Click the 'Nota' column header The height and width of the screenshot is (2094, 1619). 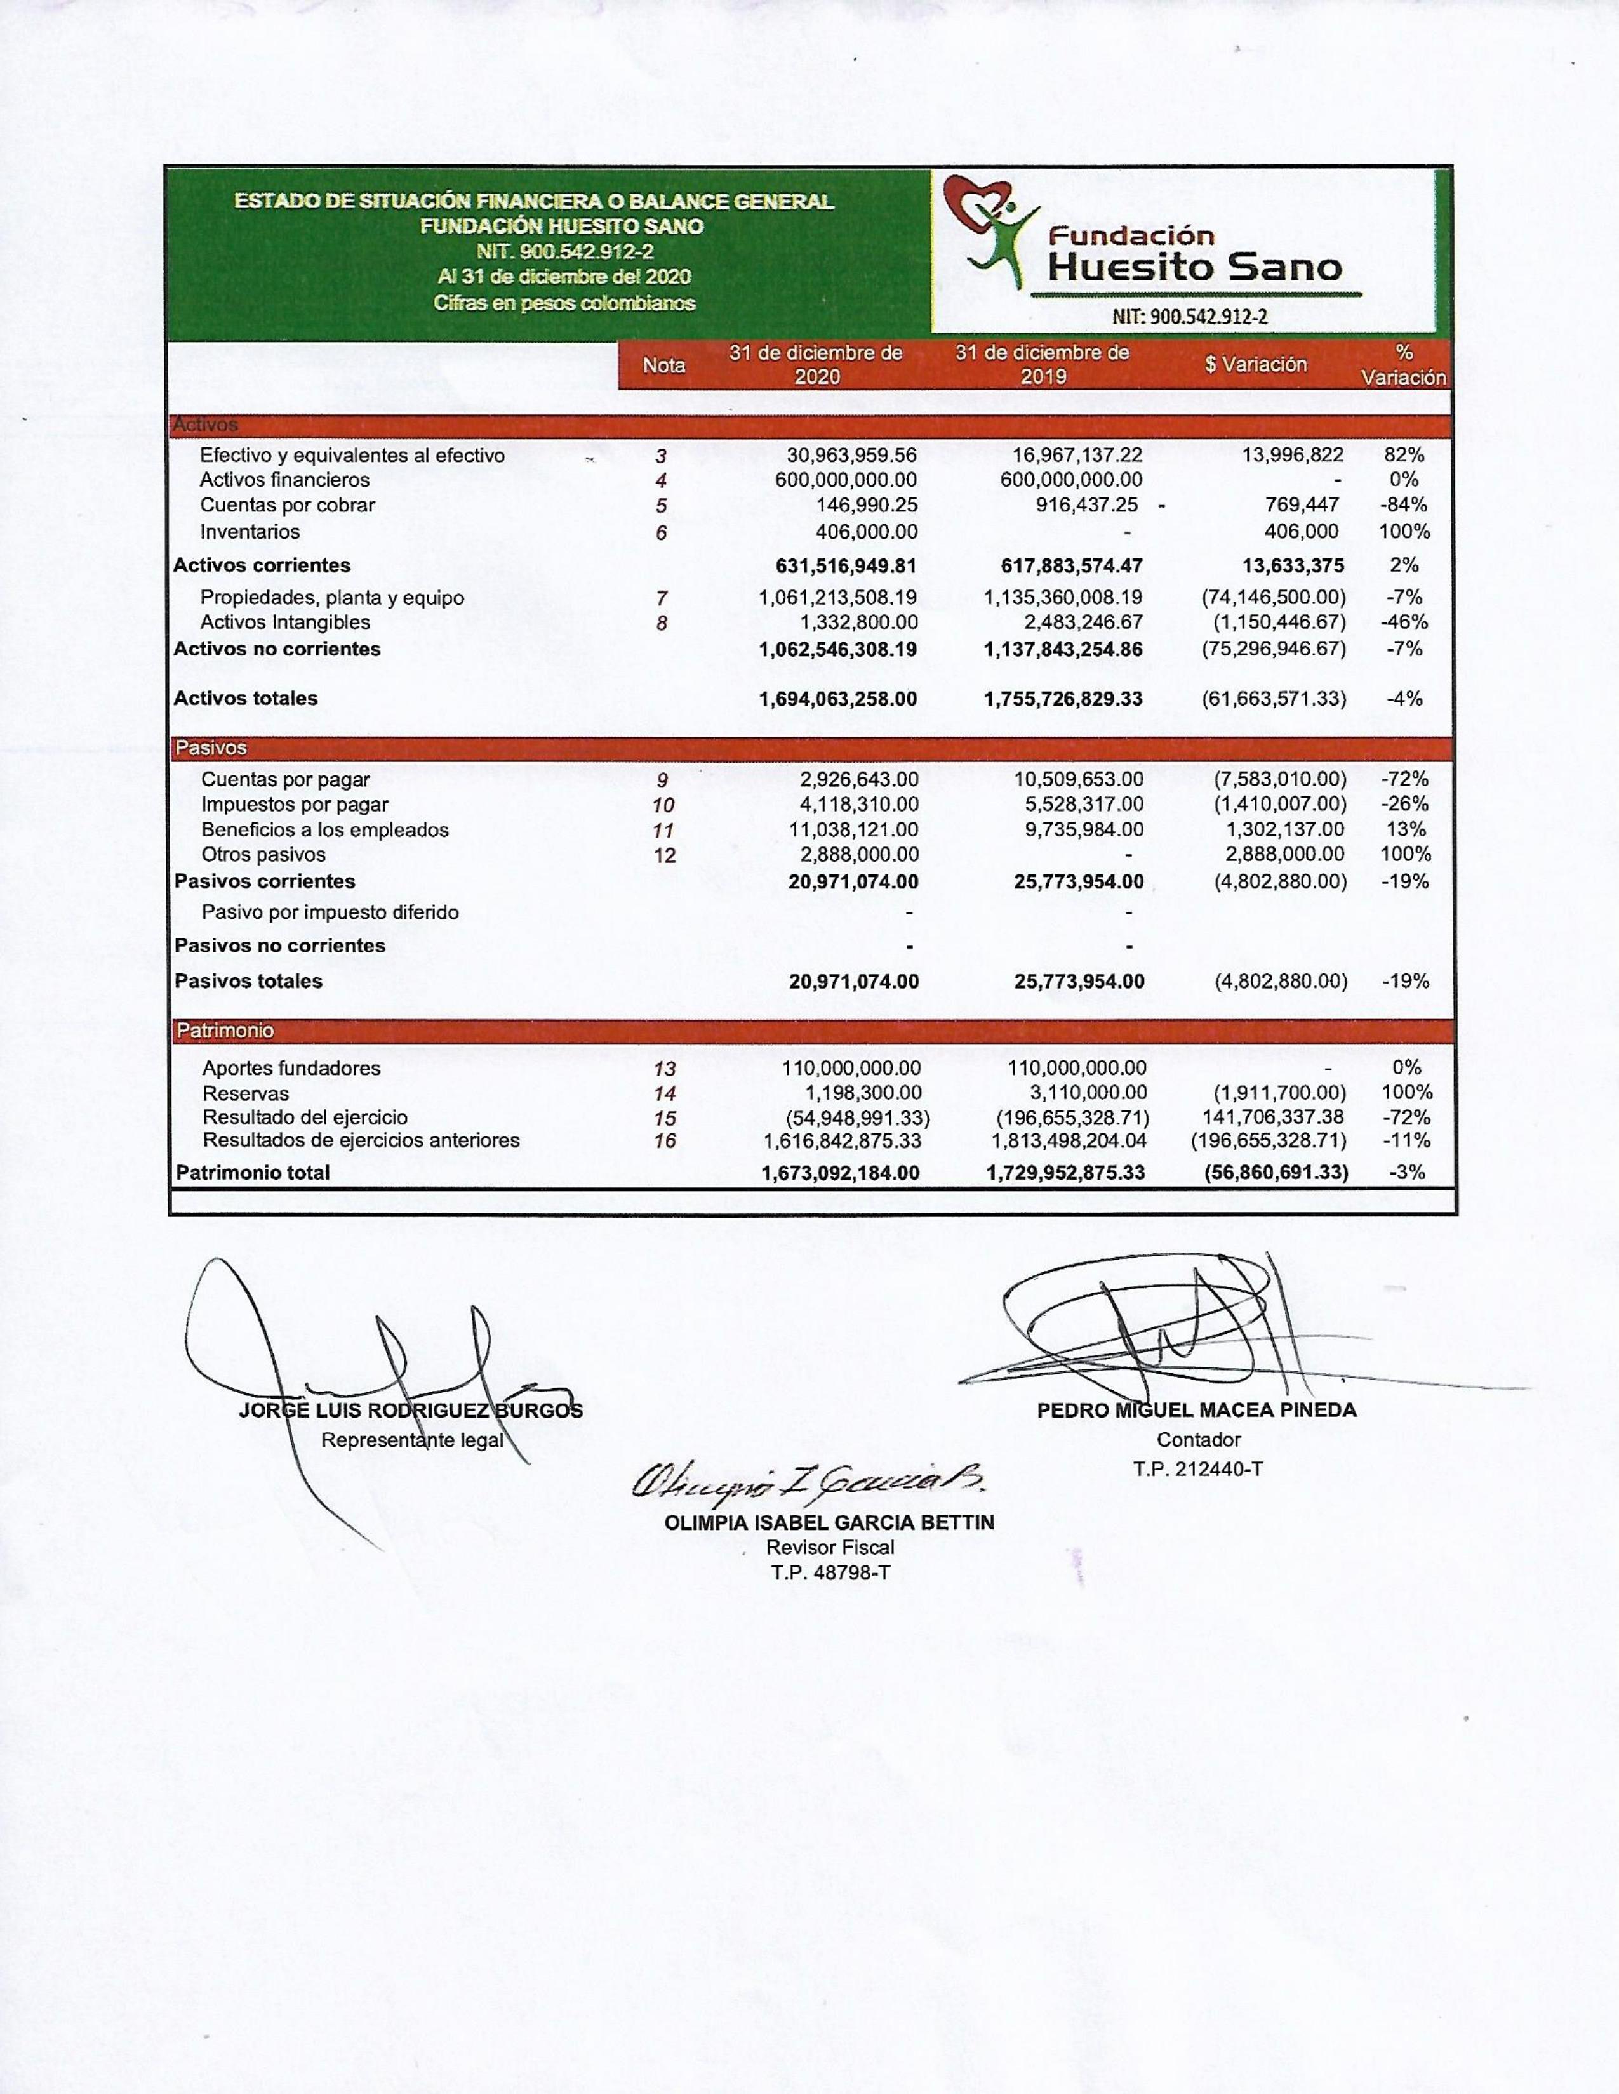[x=663, y=365]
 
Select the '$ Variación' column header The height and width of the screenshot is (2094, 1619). [x=1255, y=364]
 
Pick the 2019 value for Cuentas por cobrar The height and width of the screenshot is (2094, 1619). [x=1087, y=505]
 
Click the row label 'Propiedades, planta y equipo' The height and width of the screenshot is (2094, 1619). [x=332, y=597]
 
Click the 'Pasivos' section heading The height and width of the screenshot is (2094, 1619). [x=211, y=748]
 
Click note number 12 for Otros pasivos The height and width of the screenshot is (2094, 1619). [x=663, y=855]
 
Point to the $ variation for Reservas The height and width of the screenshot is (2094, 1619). [x=1279, y=1093]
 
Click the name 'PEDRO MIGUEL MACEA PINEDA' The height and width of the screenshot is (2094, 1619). [x=1196, y=1411]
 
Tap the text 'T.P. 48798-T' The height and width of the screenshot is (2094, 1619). [x=830, y=1572]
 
